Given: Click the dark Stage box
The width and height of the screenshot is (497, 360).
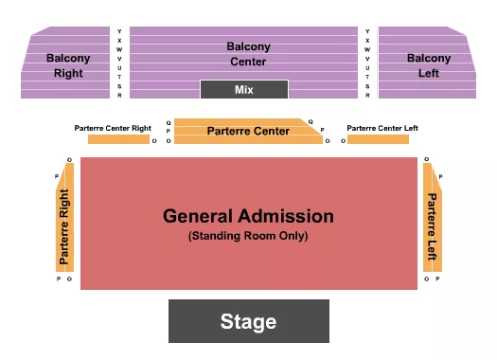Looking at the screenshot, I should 248,321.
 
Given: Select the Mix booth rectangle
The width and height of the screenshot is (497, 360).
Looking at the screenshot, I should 243,90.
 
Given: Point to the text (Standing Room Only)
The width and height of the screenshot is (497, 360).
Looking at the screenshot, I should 248,235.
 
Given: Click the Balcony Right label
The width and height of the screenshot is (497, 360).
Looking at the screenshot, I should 68,64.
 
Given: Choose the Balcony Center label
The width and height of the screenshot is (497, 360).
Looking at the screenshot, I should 248,54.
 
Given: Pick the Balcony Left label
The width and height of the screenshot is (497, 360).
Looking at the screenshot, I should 429,64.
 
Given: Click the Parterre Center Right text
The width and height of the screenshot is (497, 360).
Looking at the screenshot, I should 114,128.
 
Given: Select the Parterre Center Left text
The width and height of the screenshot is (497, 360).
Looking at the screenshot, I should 382,128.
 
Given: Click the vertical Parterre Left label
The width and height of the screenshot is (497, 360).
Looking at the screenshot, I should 432,228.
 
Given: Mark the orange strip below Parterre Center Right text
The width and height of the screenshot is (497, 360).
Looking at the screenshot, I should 117,140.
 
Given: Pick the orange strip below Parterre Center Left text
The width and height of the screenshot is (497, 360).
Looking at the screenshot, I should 378,140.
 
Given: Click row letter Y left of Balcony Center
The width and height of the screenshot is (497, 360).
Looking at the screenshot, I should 119,31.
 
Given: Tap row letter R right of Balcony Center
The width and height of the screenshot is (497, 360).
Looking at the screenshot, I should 367,95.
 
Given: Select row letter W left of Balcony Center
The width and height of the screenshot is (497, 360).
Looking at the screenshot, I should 119,49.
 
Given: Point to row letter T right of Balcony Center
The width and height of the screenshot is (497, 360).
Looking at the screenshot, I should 367,77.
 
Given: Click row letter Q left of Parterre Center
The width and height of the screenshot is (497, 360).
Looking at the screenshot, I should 169,122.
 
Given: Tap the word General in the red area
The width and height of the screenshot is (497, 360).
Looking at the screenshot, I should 200,216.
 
